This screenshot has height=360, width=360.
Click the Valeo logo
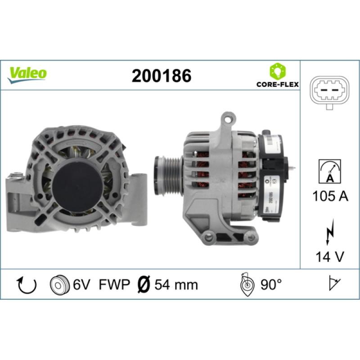[27, 72]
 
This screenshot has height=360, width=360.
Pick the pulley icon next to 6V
[58, 285]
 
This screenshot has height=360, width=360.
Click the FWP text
[114, 285]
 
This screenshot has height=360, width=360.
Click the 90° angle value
[271, 285]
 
